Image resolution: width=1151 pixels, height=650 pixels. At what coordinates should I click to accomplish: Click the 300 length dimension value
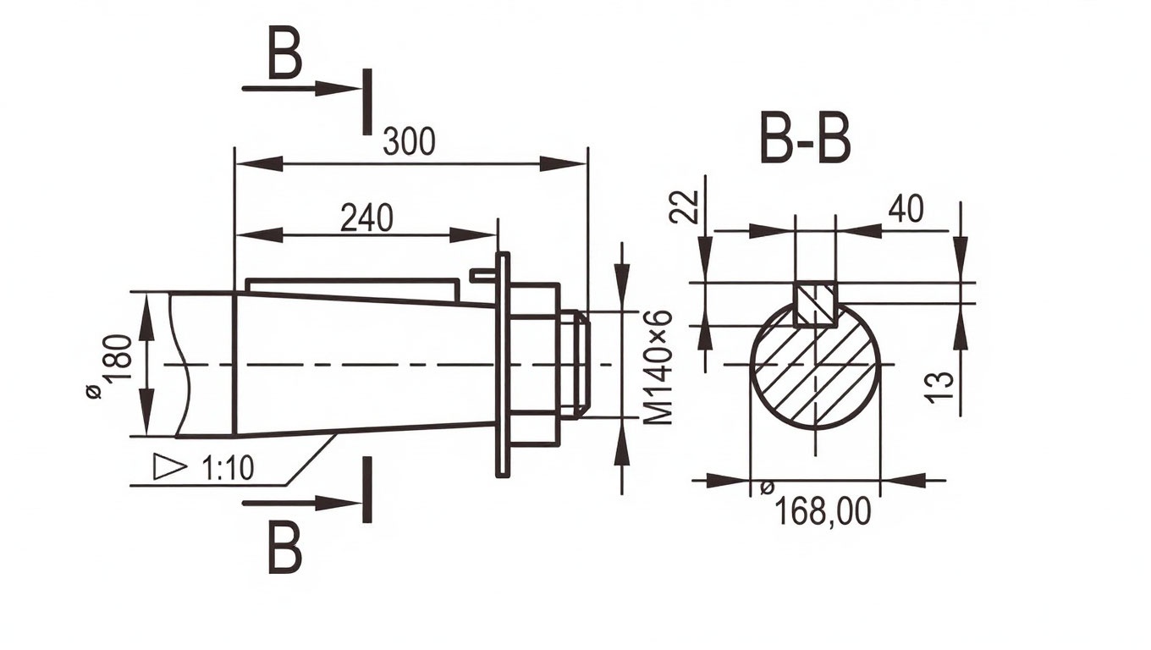(x=409, y=142)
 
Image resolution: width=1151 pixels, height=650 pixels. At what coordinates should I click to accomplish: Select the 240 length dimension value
(x=366, y=218)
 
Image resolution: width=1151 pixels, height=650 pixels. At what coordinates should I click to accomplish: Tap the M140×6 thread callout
(x=658, y=366)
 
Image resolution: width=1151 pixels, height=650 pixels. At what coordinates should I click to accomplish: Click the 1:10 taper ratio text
(x=229, y=468)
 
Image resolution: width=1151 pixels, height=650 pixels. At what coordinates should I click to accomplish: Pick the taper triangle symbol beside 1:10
(x=169, y=467)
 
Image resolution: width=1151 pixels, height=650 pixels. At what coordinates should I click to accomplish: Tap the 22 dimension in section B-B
(x=685, y=207)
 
